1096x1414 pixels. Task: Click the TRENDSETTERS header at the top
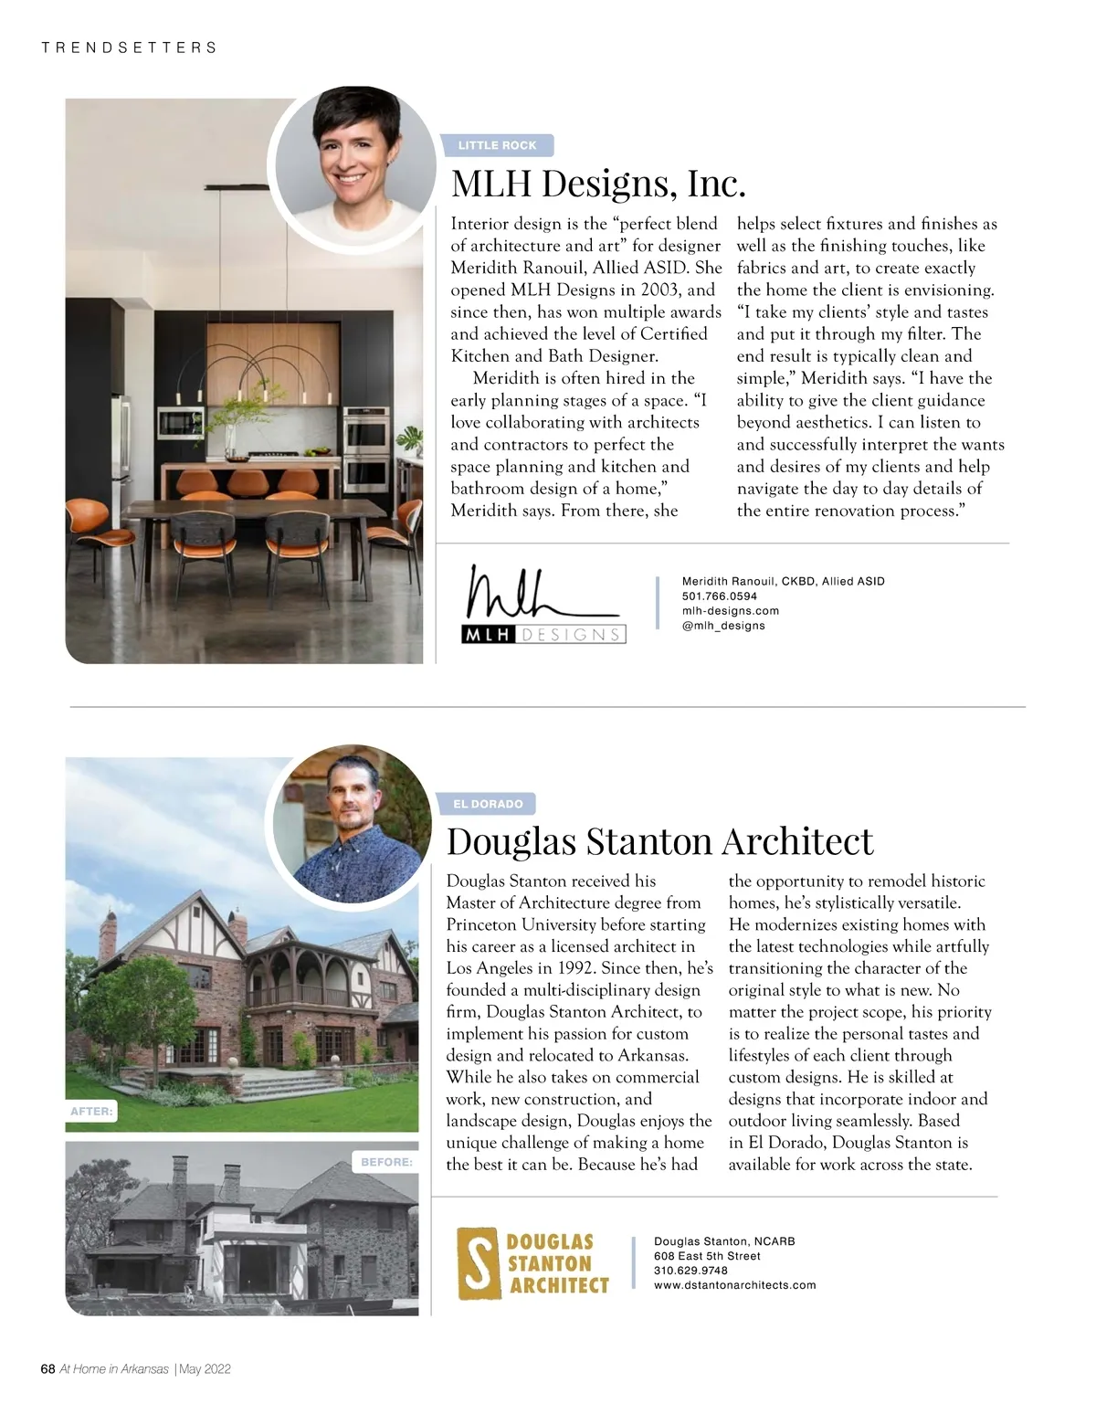(129, 47)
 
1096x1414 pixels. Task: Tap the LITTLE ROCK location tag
(498, 145)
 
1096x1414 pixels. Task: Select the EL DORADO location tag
(489, 804)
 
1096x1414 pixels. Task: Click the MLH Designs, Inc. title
(598, 184)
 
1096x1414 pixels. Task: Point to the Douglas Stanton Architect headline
(659, 840)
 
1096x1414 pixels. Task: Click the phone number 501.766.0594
(720, 596)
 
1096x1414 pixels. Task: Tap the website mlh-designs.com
(731, 610)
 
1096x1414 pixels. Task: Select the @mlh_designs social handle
(723, 626)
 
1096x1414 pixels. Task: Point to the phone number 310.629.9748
(690, 1271)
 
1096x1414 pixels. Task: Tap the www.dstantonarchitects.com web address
(734, 1285)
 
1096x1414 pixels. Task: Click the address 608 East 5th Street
(707, 1256)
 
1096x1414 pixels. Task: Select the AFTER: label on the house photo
(91, 1112)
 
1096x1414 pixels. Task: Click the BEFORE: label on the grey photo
(386, 1162)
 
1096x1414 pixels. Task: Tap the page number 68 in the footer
(48, 1368)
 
